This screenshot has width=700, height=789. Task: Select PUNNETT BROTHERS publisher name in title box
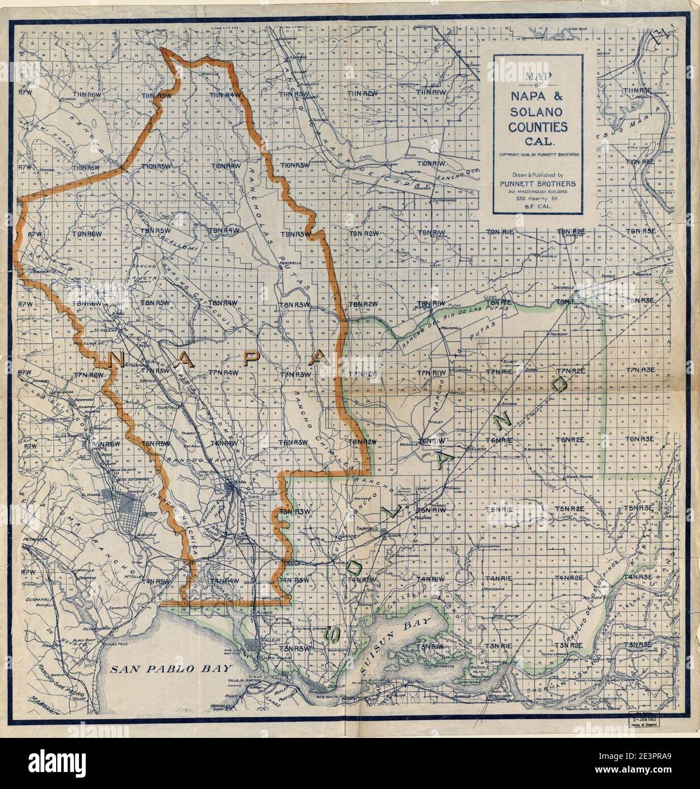pyautogui.click(x=536, y=183)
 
